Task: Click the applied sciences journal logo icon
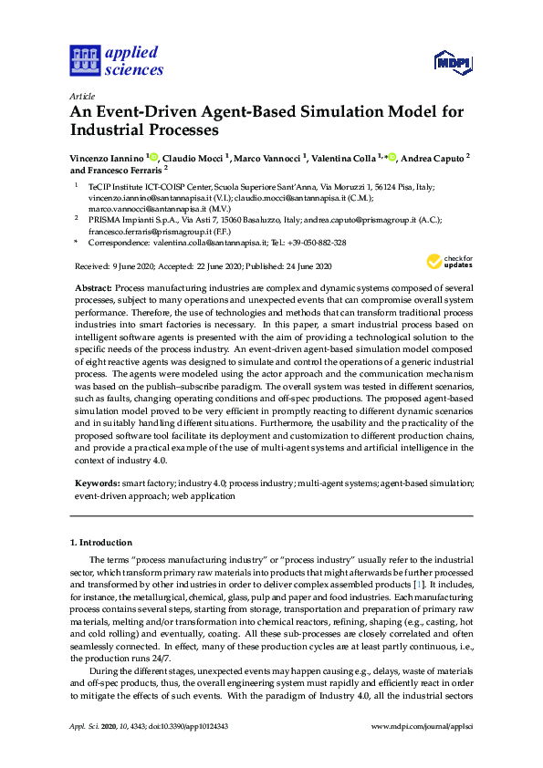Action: click(x=83, y=62)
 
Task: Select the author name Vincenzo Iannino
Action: click(x=104, y=158)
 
